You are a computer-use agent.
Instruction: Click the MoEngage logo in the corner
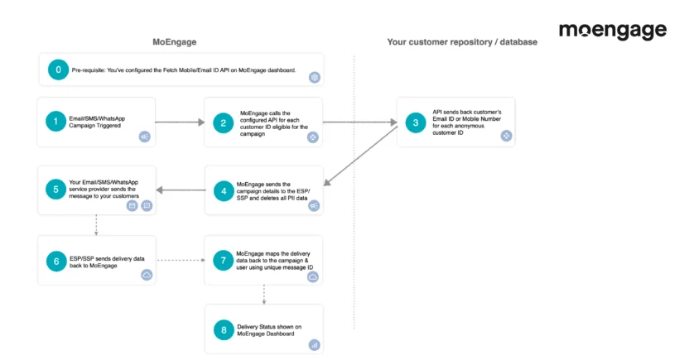pyautogui.click(x=612, y=31)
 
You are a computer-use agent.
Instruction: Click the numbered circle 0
pyautogui.click(x=58, y=70)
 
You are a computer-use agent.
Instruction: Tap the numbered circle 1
pyautogui.click(x=57, y=122)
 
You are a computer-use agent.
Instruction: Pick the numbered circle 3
pyautogui.click(x=416, y=122)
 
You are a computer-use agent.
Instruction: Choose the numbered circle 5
pyautogui.click(x=57, y=190)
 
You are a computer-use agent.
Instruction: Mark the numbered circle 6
pyautogui.click(x=57, y=260)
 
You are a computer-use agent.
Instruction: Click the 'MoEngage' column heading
pyautogui.click(x=175, y=41)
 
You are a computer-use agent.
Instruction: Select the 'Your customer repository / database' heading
pyautogui.click(x=462, y=41)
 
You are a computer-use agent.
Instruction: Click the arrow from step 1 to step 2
pyautogui.click(x=179, y=122)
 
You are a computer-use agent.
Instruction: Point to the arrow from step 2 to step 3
pyautogui.click(x=359, y=122)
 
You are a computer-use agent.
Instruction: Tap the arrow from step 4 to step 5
pyautogui.click(x=181, y=190)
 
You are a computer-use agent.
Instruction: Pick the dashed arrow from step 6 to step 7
pyautogui.click(x=181, y=260)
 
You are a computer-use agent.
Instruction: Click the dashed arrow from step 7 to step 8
pyautogui.click(x=264, y=294)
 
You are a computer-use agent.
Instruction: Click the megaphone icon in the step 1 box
pyautogui.click(x=145, y=137)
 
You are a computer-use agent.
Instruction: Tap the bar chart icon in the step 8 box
pyautogui.click(x=314, y=344)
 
